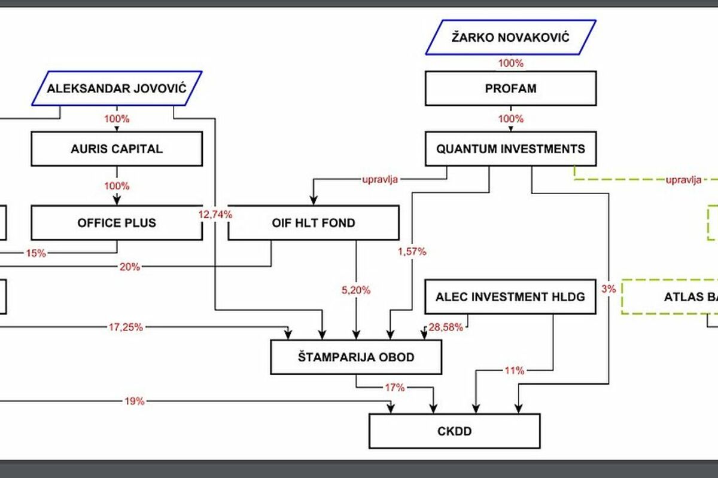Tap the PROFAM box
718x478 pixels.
(510, 88)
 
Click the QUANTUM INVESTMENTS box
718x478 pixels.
(510, 149)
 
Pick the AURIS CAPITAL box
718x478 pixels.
(117, 149)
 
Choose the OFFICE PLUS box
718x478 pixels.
(117, 223)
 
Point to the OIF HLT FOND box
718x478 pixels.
(313, 223)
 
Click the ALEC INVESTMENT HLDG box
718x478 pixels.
(510, 296)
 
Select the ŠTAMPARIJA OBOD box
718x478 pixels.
(357, 357)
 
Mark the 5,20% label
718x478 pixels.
(355, 290)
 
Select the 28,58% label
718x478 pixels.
(445, 327)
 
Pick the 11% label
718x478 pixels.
(513, 370)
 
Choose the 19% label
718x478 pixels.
(135, 402)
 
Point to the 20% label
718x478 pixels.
(130, 267)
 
